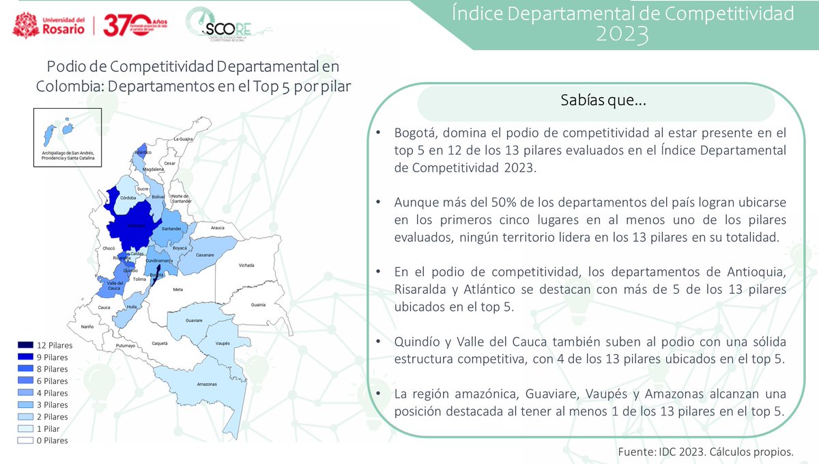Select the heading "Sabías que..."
595,101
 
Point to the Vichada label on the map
246,265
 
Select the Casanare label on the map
205,255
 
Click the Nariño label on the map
87,327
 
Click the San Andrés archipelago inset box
67,137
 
